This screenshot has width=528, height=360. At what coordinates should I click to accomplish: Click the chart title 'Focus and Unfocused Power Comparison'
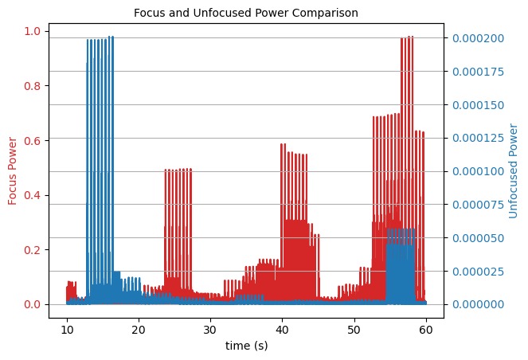244,13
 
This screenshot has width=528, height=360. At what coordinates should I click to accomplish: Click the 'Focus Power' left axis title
13,169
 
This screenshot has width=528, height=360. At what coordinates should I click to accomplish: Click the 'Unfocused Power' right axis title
513,170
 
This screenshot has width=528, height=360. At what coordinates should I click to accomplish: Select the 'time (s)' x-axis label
247,348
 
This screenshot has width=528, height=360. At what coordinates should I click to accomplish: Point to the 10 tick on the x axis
67,330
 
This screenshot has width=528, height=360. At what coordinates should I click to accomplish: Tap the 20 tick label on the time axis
139,330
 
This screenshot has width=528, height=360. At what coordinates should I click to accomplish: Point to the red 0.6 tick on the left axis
34,140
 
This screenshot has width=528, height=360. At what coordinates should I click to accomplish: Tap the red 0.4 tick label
34,195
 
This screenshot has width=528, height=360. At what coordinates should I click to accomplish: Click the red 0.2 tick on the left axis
34,250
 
